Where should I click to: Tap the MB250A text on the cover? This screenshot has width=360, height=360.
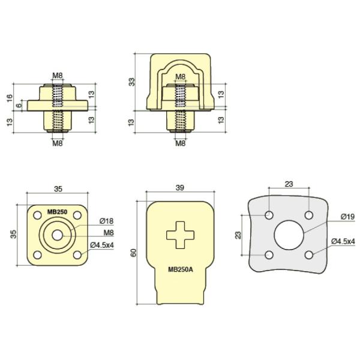pos(181,269)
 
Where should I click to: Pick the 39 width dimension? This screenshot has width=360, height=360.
pos(179,188)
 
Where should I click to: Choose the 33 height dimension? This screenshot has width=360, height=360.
pos(132,82)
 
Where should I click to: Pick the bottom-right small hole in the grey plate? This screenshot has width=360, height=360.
pos(309,255)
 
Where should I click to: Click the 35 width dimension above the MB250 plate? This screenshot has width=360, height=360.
pos(58,188)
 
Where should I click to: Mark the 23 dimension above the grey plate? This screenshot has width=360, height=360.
pos(289,184)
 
